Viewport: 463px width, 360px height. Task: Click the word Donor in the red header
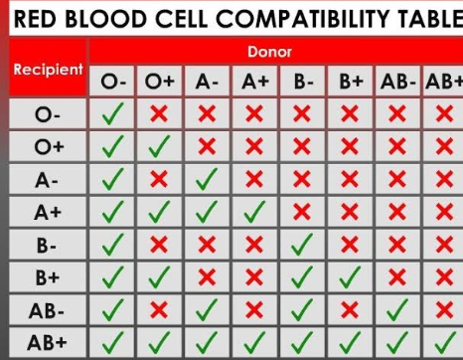[x=269, y=52]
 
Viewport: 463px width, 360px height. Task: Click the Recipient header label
[x=48, y=70]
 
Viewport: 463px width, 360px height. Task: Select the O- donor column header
[x=113, y=82]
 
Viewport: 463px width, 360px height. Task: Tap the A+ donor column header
[x=255, y=82]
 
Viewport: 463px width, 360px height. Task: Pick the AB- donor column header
[x=397, y=82]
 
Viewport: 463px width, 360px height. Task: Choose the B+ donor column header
[x=351, y=82]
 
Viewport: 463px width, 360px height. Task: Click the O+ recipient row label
[x=49, y=146]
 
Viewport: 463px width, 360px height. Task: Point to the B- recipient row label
[x=47, y=246]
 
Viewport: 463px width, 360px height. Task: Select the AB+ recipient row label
[x=47, y=342]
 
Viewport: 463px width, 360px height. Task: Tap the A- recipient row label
[x=47, y=181]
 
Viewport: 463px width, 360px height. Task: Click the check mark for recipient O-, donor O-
[x=112, y=113]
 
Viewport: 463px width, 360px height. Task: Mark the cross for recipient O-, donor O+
[x=159, y=113]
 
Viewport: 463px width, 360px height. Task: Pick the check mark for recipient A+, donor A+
[x=254, y=212]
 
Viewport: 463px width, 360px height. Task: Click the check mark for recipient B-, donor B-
[x=302, y=245]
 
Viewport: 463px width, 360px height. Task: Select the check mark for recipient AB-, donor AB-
[x=397, y=309]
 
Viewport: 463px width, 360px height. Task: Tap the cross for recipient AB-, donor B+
[x=350, y=310]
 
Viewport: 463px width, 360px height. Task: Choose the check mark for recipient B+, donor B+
[x=350, y=277]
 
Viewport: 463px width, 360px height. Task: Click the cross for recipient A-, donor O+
[x=159, y=179]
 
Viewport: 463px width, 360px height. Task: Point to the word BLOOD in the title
[x=105, y=19]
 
